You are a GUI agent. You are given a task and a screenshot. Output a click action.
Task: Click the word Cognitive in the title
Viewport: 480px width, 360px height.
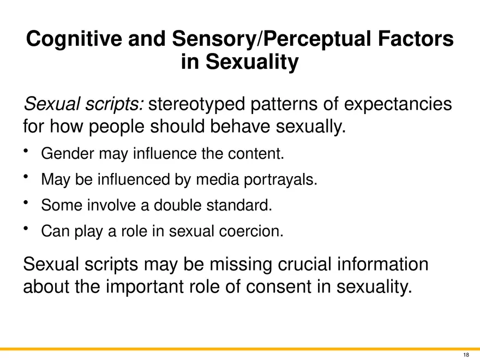pos(74,39)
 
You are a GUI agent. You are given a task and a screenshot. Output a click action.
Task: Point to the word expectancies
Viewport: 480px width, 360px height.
pos(398,104)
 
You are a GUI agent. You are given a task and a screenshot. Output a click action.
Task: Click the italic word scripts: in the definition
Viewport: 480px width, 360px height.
pos(114,104)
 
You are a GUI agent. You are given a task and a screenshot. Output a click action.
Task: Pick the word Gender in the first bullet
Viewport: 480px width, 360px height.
pos(67,153)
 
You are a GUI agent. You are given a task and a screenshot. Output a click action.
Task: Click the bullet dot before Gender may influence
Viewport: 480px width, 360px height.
pos(26,151)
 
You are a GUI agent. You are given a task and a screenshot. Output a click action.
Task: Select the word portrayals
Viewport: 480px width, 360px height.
pos(280,179)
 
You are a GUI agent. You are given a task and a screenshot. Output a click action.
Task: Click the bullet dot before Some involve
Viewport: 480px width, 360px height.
pos(26,202)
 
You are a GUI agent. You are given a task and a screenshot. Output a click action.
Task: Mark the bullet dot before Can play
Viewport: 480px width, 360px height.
pos(26,228)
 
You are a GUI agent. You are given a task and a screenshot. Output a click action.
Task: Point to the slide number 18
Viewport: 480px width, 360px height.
pos(466,355)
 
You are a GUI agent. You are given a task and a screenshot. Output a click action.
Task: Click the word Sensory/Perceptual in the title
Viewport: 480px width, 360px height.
pos(272,39)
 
